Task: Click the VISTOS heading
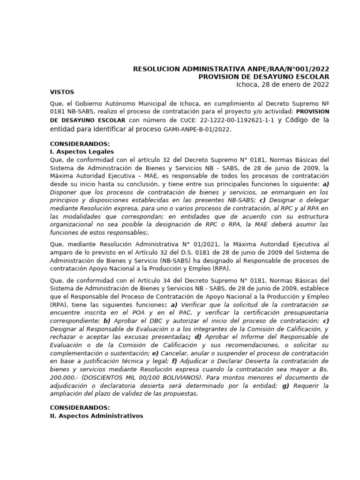pyautogui.click(x=62, y=92)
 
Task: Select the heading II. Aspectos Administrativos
pyautogui.click(x=97, y=416)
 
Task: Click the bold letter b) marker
pyautogui.click(x=107, y=321)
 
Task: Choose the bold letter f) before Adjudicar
pyautogui.click(x=174, y=361)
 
